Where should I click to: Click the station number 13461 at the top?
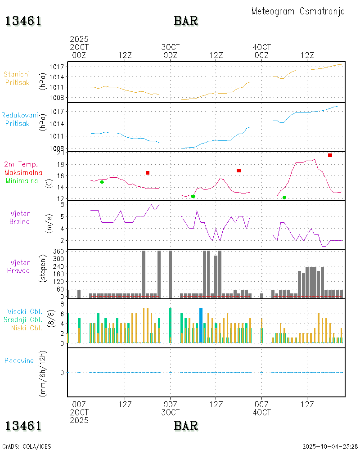23,21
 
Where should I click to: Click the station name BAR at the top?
186,21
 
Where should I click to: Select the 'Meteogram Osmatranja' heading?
298,11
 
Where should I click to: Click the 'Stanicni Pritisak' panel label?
18,78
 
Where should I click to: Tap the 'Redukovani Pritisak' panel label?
19,119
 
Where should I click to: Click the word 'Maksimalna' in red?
23,173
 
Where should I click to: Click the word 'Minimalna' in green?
23,181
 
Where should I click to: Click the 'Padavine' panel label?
19,360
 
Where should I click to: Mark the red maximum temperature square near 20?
330,155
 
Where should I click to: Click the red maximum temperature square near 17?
238,171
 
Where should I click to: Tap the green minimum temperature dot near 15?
102,182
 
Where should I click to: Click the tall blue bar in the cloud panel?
201,325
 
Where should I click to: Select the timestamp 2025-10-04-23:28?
330,446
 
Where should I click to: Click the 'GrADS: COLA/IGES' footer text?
27,446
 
